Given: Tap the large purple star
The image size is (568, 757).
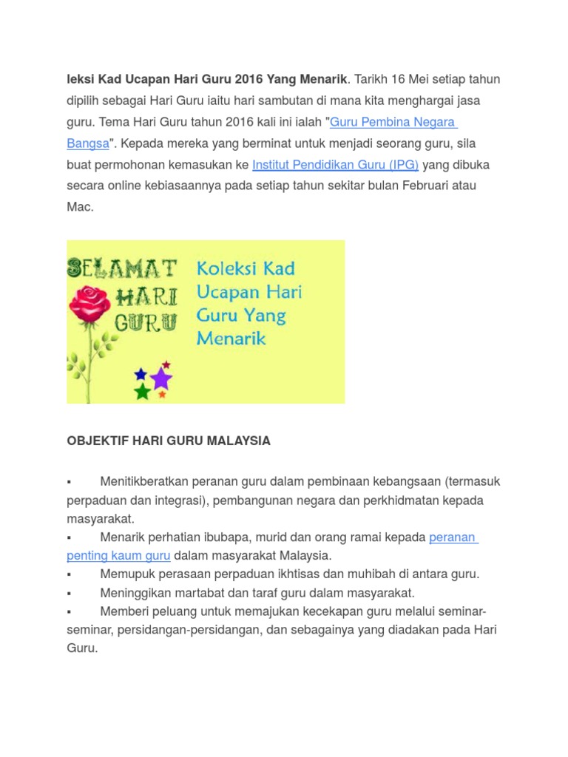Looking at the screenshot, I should tap(160, 379).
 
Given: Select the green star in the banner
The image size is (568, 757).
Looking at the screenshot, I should tap(143, 392).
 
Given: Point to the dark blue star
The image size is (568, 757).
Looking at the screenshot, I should tap(141, 375).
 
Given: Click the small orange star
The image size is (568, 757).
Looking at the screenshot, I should tap(162, 395).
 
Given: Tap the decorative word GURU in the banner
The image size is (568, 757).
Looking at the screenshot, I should tap(146, 322).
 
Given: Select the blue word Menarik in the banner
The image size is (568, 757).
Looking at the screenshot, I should tap(231, 339).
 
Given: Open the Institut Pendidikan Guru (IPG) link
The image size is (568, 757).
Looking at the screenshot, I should tap(336, 165).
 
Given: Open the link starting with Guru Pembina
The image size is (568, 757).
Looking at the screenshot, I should tap(393, 122).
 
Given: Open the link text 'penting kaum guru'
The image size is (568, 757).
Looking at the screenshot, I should tap(118, 555).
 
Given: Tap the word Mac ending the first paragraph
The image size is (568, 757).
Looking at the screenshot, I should tap(79, 207).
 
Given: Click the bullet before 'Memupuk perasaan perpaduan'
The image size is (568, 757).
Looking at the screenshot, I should tap(69, 574).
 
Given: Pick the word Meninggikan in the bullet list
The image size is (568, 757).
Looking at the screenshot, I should tap(133, 593).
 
